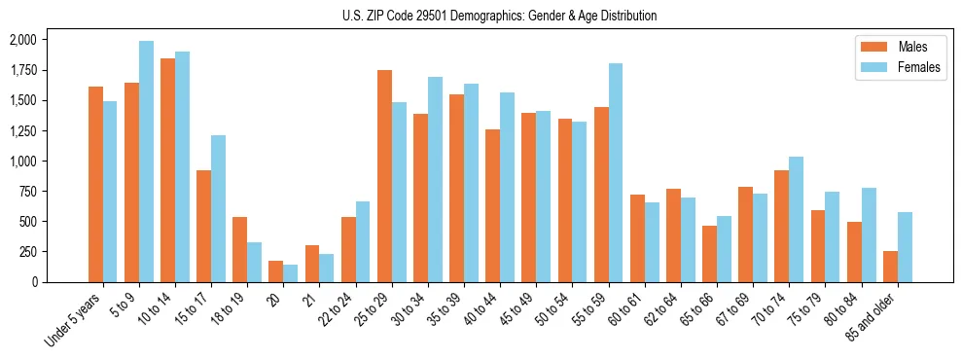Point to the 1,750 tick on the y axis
point(21,70)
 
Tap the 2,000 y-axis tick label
point(21,40)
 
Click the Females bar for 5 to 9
point(146,162)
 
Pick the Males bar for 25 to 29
point(384,176)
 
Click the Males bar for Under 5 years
point(95,184)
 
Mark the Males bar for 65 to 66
point(710,254)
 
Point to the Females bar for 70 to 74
point(797,219)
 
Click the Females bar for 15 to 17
point(219,208)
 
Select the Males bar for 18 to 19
point(240,249)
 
